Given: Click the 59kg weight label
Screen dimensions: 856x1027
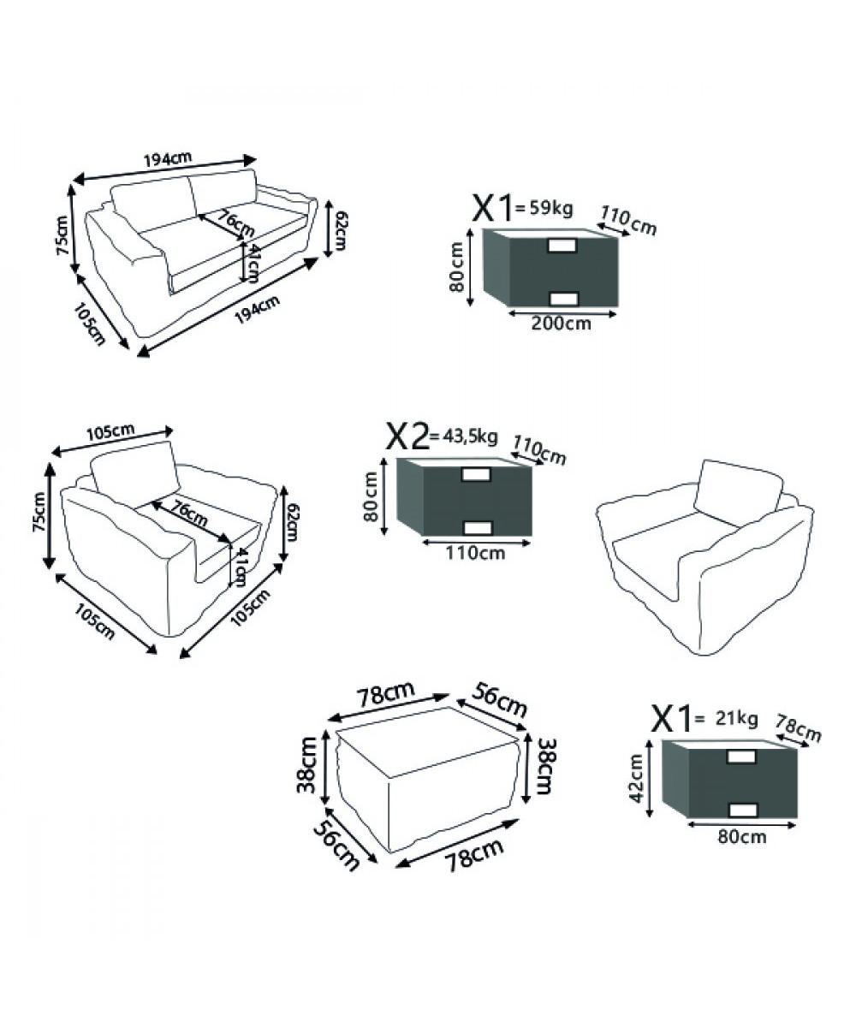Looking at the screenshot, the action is tap(550, 209).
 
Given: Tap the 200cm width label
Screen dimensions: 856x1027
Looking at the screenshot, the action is tap(561, 324).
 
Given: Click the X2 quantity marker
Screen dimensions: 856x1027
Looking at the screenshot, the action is tap(407, 436).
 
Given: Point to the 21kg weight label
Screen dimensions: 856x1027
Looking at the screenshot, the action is tap(736, 719).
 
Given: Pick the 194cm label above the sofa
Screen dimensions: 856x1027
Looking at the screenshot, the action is tap(168, 159).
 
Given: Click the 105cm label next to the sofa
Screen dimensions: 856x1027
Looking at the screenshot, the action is tap(90, 324).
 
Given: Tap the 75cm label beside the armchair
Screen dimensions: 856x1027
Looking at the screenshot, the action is tap(39, 511).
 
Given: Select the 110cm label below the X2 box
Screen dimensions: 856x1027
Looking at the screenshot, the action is tap(475, 553).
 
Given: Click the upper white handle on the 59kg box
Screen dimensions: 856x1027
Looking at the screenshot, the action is tap(563, 246).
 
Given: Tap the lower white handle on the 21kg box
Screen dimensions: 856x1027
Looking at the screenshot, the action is tap(742, 810).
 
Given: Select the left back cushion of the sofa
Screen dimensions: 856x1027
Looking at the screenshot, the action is tap(153, 201).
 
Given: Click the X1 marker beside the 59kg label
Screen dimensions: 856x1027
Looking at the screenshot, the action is tap(492, 209).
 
